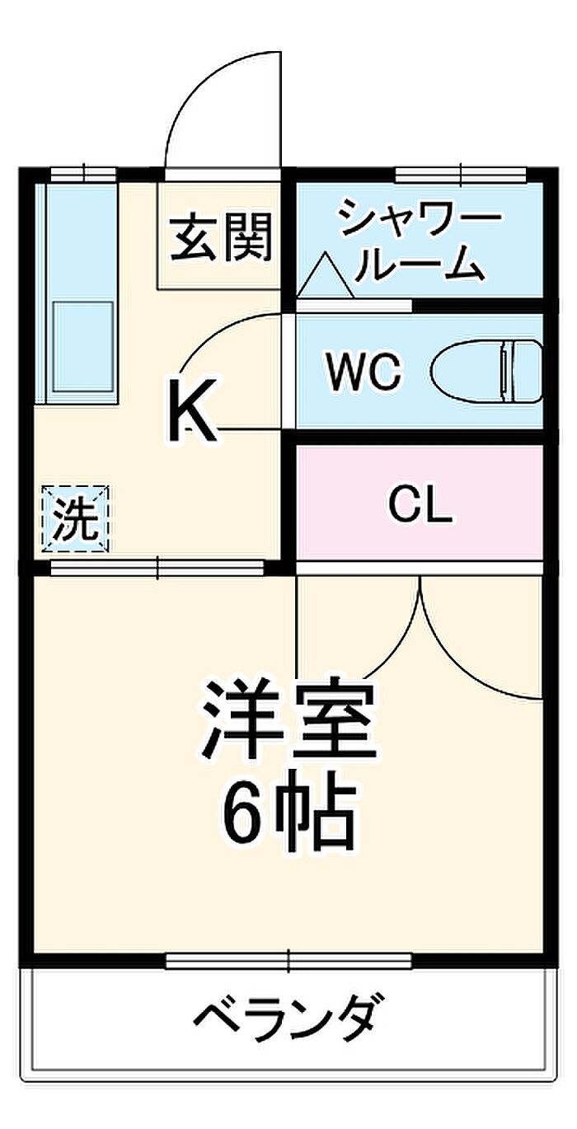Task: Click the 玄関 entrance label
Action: click(221, 237)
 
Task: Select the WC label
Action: click(364, 372)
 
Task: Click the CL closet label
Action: click(420, 505)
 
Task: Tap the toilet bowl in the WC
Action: click(486, 372)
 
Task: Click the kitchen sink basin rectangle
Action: click(82, 346)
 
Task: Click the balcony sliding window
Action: click(288, 961)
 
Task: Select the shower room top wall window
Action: click(460, 175)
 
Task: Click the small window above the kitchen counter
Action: click(82, 175)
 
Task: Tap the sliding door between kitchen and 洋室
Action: click(157, 567)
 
